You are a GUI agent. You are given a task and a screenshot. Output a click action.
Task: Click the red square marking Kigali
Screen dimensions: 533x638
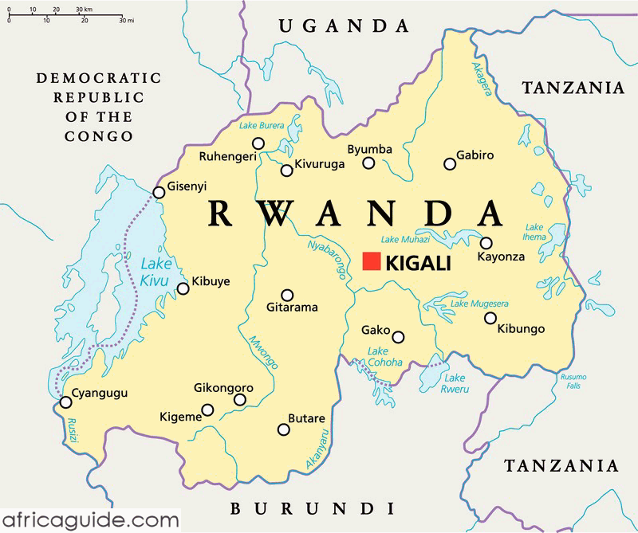[x=371, y=261]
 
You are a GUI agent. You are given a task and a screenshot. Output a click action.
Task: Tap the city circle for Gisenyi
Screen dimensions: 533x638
[x=158, y=192]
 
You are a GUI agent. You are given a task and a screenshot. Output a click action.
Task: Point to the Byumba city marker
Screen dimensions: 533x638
[x=368, y=163]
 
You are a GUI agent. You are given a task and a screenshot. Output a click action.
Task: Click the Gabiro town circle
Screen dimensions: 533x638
[x=450, y=164]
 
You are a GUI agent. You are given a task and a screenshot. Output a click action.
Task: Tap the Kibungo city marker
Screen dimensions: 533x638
[x=490, y=318]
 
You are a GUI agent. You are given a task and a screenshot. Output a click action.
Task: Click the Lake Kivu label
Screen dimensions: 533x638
[x=156, y=272]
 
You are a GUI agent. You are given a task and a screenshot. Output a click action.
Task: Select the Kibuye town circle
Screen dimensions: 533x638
[x=183, y=288]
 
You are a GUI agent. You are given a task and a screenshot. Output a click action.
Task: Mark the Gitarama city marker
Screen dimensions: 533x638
[x=287, y=295]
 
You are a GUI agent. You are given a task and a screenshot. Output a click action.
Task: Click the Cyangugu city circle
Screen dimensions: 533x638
[x=65, y=403]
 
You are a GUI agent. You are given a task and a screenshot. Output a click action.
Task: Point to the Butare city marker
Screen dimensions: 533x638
[x=283, y=429]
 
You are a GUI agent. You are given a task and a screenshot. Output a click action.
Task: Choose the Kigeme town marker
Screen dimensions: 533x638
[x=207, y=410]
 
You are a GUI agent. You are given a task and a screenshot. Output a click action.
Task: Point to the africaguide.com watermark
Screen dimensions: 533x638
[x=89, y=520]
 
